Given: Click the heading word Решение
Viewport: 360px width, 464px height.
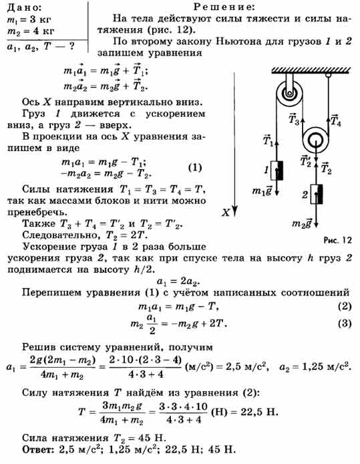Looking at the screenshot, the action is tap(224, 7).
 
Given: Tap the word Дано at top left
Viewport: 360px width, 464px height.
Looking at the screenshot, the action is tap(24, 8).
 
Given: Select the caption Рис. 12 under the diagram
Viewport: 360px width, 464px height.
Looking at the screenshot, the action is tap(337, 240).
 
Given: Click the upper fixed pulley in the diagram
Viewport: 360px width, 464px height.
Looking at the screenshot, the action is tap(289, 94).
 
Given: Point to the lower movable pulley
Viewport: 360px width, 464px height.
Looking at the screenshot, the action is tap(315, 140).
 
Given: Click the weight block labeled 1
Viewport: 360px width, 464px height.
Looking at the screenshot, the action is tap(277, 170).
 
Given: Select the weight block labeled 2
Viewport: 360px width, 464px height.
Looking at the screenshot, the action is tap(317, 194).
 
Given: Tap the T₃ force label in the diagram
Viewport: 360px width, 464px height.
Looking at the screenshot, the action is tap(294, 119).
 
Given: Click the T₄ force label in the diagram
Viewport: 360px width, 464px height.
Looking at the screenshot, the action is tap(336, 120).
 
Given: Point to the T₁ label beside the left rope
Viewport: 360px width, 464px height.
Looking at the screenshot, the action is tap(268, 140).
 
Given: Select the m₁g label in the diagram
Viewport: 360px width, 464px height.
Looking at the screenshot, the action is tap(262, 191).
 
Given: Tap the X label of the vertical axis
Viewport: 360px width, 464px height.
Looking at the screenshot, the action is tap(226, 213).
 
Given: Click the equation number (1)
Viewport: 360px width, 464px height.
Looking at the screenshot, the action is tap(195, 168).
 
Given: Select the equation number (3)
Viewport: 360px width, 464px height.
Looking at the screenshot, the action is tap(345, 324).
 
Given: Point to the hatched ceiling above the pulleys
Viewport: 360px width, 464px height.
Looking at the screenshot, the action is tap(311, 70).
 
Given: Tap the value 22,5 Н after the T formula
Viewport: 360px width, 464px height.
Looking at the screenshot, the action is tap(259, 412).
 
